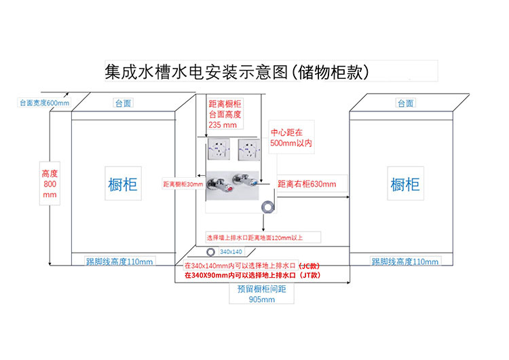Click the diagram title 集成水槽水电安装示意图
point(237,71)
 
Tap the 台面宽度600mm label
point(44,103)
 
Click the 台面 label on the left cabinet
point(123,103)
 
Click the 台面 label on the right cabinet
point(406,103)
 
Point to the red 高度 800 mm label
point(50,183)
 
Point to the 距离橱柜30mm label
point(183,184)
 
